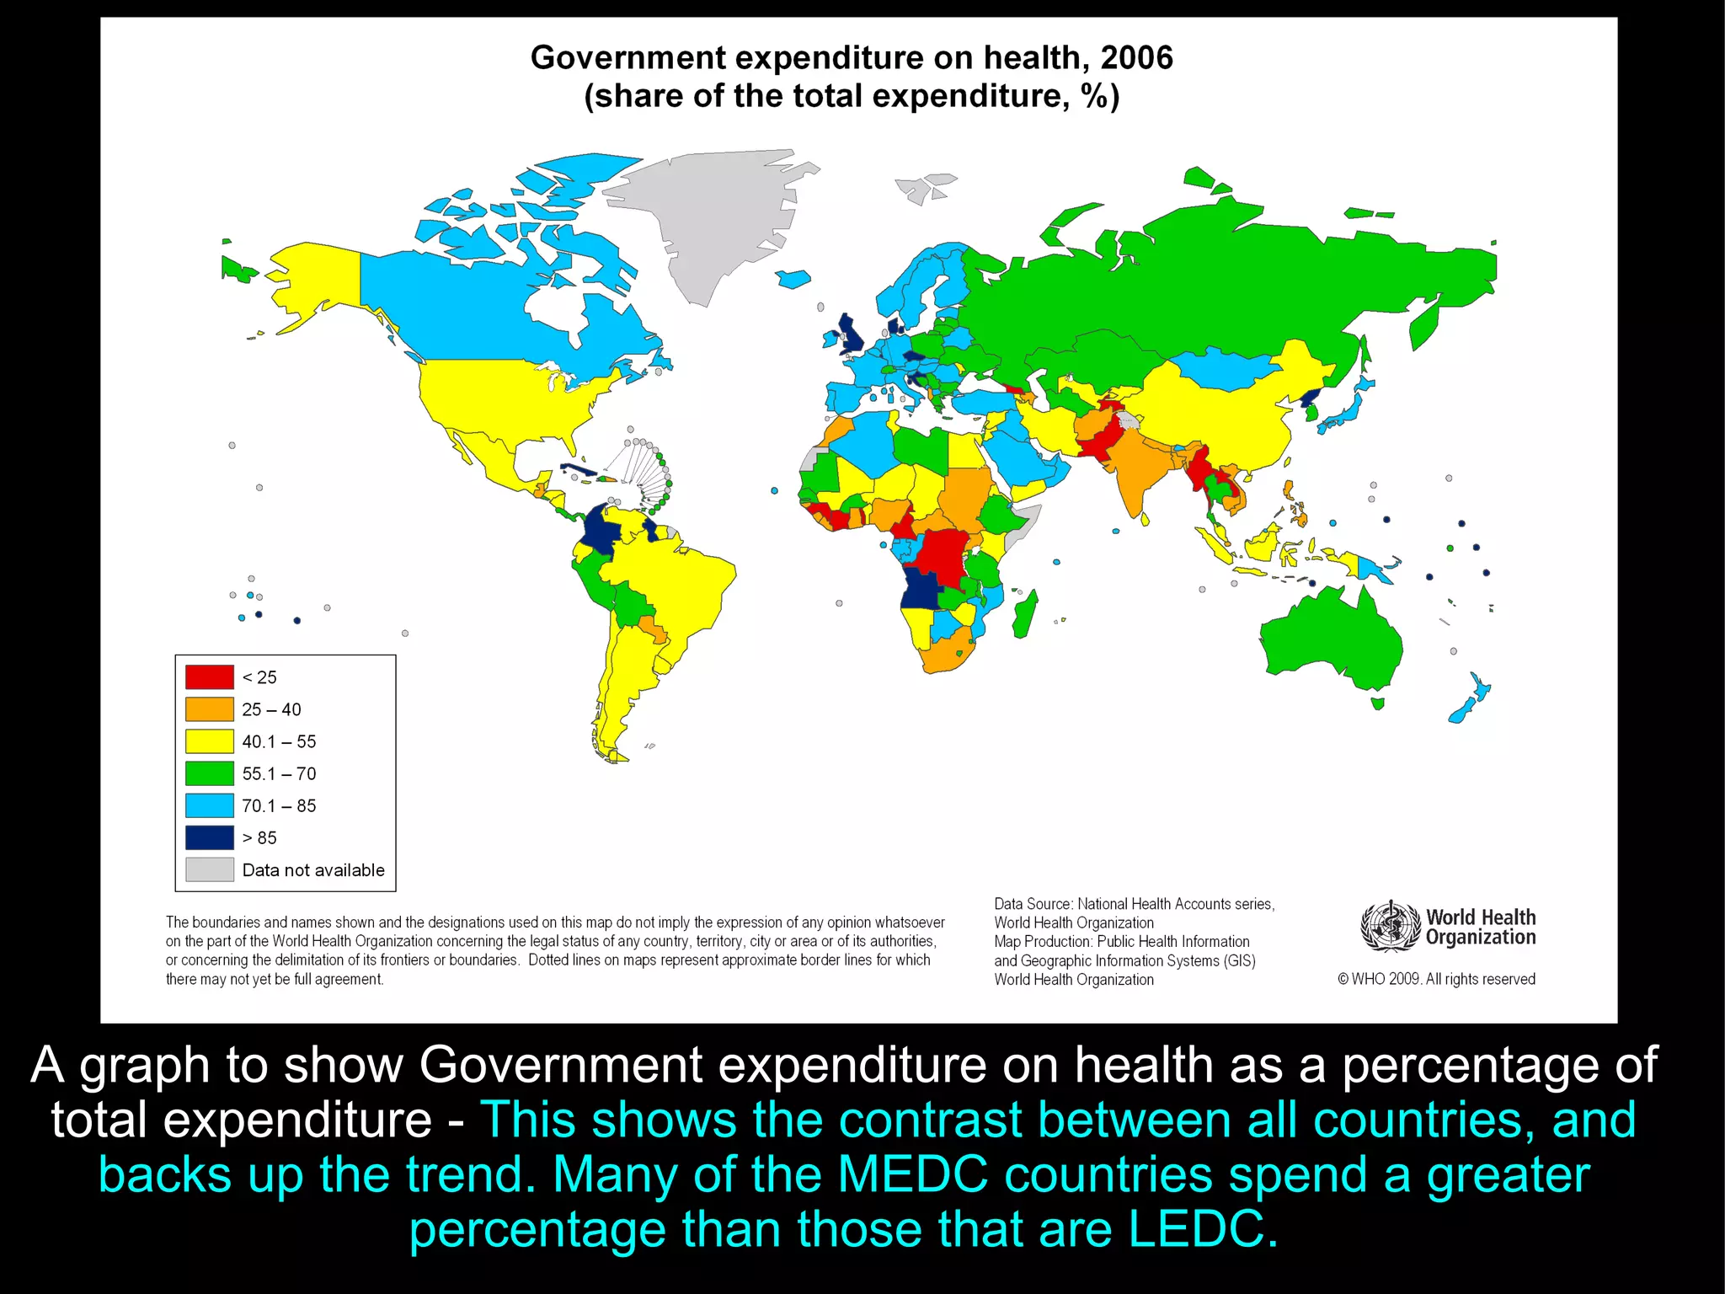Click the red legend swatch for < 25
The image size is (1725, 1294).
[x=209, y=676]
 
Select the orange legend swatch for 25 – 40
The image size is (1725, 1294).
[x=209, y=708]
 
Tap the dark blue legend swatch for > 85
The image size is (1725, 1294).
[x=209, y=837]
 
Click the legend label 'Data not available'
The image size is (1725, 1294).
[x=312, y=869]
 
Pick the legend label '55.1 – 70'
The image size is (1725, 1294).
[x=279, y=773]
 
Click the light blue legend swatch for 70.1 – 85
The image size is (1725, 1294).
[x=209, y=805]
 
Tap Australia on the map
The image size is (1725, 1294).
[x=1331, y=640]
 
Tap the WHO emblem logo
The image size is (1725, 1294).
[x=1390, y=926]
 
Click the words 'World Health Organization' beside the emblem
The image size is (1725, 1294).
[x=1480, y=927]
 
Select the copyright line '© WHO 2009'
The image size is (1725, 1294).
[x=1436, y=979]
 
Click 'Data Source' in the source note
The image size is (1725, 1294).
[x=1032, y=904]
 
